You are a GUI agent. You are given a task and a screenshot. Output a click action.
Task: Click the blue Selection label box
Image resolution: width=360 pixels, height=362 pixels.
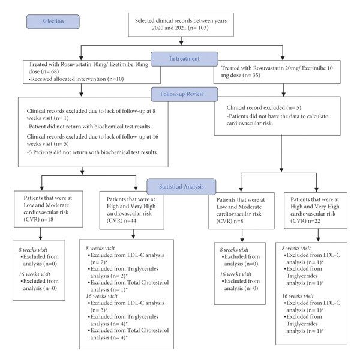(x=53, y=22)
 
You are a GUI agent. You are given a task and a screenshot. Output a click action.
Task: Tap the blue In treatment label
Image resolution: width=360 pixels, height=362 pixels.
(x=184, y=59)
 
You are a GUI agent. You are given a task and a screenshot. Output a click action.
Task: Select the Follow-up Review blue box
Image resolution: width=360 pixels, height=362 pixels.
(x=184, y=94)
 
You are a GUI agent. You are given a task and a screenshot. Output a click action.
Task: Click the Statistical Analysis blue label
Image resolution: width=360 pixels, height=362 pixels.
(x=181, y=187)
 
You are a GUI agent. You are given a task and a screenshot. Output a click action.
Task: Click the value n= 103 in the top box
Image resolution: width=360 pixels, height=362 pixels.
(x=198, y=28)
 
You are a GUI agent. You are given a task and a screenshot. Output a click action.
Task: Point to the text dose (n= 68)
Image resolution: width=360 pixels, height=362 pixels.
(x=44, y=71)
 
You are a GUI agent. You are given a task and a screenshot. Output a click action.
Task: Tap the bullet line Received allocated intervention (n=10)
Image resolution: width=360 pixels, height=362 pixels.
(x=76, y=79)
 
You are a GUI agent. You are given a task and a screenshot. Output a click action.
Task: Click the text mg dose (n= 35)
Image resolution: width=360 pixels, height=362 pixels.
(x=241, y=76)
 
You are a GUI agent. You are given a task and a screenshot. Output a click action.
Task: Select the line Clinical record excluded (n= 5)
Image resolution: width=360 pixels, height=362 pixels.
(x=264, y=108)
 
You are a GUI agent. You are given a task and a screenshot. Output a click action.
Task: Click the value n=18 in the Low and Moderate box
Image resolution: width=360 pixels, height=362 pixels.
(x=47, y=219)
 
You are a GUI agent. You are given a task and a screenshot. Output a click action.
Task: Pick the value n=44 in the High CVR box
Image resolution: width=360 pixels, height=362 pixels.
(x=130, y=221)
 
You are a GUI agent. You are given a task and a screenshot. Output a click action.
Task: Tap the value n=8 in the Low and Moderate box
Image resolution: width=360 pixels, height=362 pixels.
(x=238, y=221)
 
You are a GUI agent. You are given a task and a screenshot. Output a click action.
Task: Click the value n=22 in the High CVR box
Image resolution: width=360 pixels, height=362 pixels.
(x=314, y=221)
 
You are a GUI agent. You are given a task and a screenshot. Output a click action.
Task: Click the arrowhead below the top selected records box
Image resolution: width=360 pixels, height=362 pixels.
(x=181, y=43)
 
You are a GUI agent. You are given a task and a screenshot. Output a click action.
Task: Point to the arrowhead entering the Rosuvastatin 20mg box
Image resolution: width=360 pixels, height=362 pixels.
(x=283, y=58)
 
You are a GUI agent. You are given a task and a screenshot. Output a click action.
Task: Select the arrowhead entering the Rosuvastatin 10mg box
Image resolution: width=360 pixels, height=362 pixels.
(x=81, y=58)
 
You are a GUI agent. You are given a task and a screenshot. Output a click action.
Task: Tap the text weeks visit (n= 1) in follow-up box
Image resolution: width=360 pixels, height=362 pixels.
(x=48, y=118)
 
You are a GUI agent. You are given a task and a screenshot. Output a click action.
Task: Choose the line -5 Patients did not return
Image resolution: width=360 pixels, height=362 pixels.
(x=92, y=152)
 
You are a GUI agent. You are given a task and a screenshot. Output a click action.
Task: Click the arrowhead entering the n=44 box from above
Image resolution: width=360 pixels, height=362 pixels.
(x=136, y=188)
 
